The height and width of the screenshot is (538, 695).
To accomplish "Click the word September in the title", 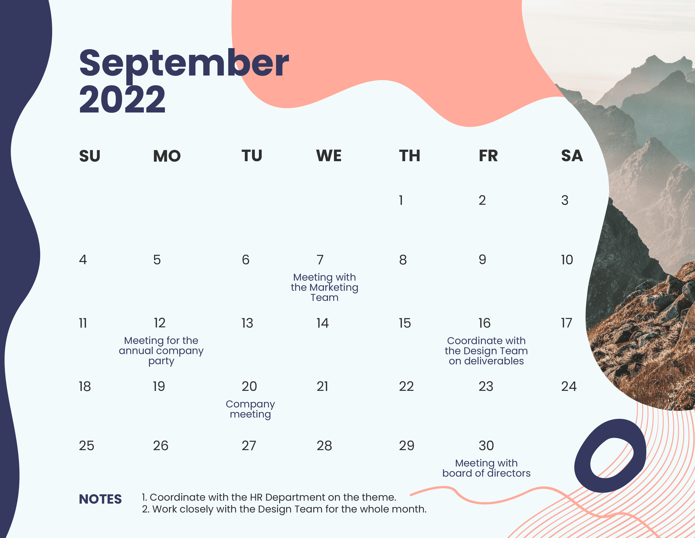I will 184,64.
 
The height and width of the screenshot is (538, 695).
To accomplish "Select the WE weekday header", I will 329,156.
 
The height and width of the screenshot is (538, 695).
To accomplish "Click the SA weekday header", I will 572,156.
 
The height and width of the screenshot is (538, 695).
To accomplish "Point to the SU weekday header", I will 90,156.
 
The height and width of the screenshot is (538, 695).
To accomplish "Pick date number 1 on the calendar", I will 401,200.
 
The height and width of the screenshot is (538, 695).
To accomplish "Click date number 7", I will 320,260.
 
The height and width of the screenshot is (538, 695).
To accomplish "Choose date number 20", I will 249,387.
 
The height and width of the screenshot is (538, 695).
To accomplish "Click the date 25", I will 87,446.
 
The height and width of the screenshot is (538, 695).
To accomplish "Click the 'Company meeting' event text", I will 250,409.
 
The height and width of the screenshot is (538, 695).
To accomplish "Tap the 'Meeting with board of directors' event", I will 486,468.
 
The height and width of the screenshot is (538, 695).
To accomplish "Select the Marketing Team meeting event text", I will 325,287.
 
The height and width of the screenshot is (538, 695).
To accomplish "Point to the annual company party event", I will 161,351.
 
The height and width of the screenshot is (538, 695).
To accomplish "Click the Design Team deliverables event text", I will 486,351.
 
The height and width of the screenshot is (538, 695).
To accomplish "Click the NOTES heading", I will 100,499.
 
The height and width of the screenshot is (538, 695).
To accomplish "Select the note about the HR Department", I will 269,497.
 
